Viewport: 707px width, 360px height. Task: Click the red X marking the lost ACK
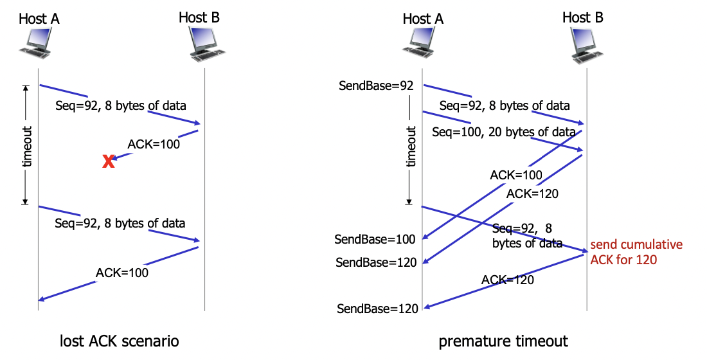coord(109,162)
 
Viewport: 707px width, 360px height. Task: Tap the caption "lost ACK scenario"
coord(119,340)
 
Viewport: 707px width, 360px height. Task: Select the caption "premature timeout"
coord(504,341)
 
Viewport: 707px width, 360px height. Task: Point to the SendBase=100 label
coord(375,239)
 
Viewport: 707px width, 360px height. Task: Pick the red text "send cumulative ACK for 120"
coord(636,252)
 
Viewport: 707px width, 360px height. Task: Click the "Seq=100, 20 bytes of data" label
coord(504,132)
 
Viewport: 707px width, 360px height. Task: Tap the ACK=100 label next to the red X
coord(154,144)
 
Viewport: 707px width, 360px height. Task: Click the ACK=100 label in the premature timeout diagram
coord(516,175)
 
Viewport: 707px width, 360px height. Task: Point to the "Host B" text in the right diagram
coord(583,17)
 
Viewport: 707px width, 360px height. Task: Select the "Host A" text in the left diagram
coord(39,18)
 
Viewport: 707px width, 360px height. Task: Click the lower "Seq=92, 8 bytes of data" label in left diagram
coord(120,224)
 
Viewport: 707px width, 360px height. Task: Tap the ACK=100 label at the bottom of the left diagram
coord(122,273)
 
